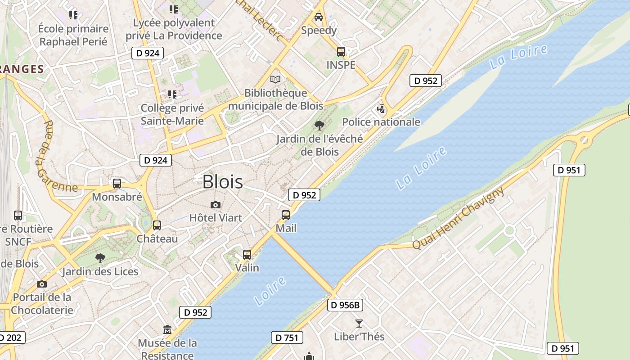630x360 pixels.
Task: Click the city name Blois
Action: [x=223, y=182]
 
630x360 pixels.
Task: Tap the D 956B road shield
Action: [x=345, y=305]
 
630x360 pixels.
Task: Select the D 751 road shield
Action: [x=287, y=337]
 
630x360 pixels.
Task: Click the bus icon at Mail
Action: [x=286, y=215]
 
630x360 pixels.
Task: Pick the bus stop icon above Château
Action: [x=157, y=225]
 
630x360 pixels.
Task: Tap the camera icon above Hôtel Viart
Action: [x=216, y=205]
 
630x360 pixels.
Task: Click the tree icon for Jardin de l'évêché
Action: [x=319, y=125]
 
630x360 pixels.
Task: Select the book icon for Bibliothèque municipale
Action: [x=275, y=80]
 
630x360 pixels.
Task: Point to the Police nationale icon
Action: [x=381, y=109]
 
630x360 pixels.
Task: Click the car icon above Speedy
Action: [x=319, y=17]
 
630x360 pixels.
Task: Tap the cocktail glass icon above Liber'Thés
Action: [x=359, y=323]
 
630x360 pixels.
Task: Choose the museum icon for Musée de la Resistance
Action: [x=167, y=330]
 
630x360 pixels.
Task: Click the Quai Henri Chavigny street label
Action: [x=459, y=218]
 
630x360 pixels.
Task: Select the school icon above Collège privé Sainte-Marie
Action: [x=172, y=94]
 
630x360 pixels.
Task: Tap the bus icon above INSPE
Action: [x=341, y=52]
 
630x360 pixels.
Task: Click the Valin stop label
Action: [x=247, y=268]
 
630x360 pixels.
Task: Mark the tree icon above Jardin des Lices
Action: [x=100, y=258]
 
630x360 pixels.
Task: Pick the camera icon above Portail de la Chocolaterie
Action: [x=42, y=284]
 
